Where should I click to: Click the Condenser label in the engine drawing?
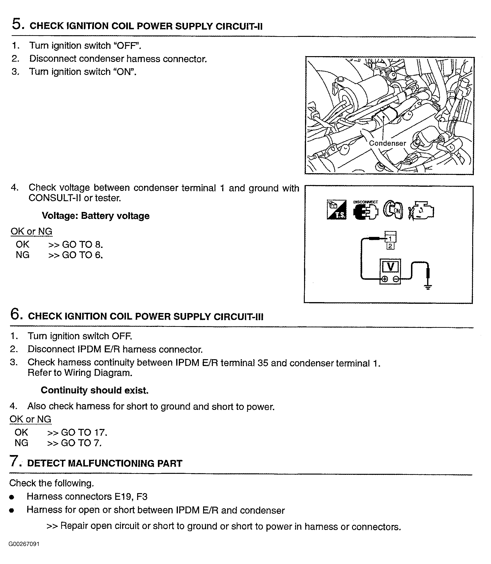tap(387, 143)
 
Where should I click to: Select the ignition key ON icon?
tap(393, 210)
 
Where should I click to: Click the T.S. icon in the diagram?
tap(336, 210)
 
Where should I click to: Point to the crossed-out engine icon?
tap(421, 211)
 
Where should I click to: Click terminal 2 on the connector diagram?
tap(391, 246)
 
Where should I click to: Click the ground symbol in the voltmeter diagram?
tap(428, 287)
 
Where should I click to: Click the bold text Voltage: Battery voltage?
tap(96, 216)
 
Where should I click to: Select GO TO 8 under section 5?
tap(82, 244)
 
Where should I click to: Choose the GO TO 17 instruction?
tap(84, 432)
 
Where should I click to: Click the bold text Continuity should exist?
tap(95, 390)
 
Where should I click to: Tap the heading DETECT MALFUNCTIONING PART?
tap(105, 463)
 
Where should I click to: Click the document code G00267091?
tap(24, 544)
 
